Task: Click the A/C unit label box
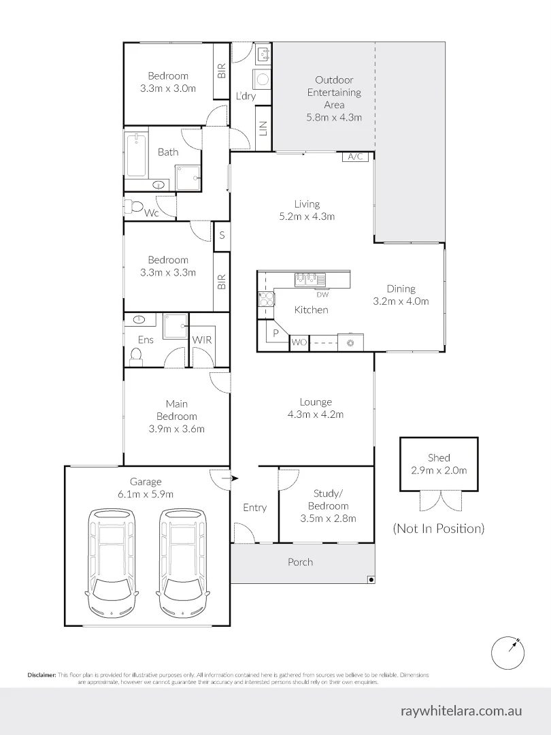tap(356, 157)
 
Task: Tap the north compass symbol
tap(508, 653)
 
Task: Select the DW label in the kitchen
tap(322, 295)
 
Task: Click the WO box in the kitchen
tap(299, 342)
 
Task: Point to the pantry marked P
tap(275, 333)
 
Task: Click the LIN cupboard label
tap(263, 128)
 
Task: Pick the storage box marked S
tap(222, 235)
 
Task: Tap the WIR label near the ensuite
tap(203, 340)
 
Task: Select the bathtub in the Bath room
tap(136, 156)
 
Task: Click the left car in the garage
tap(111, 563)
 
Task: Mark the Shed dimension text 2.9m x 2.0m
tap(439, 470)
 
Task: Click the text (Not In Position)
tap(439, 529)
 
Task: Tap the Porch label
tap(301, 562)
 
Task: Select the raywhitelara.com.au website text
tap(461, 710)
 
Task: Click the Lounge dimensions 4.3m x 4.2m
tap(316, 414)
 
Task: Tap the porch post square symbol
tap(371, 580)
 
